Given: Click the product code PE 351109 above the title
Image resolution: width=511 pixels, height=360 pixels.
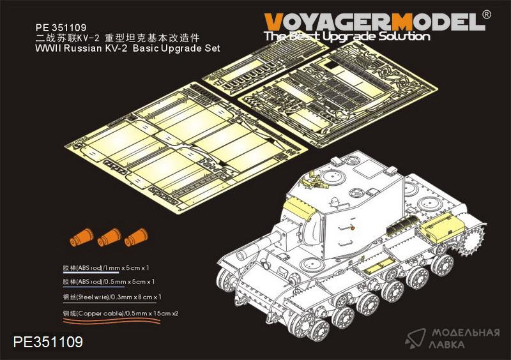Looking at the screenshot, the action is (61, 27).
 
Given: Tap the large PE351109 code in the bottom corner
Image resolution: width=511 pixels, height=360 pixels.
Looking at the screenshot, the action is (49, 341).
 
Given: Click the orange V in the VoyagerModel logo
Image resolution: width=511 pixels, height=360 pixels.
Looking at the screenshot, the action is (273, 22).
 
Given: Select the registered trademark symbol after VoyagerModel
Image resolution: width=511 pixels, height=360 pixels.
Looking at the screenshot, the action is (486, 15).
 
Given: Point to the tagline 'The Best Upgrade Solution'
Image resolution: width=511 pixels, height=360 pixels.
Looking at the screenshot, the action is (347, 36).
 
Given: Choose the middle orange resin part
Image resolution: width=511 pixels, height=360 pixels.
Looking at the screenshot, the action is (109, 237).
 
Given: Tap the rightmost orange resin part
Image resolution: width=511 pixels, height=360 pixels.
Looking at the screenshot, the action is (136, 236).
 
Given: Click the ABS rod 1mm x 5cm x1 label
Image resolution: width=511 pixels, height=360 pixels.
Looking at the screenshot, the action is (106, 268).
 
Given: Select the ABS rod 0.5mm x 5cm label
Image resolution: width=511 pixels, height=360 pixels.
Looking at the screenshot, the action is (109, 281).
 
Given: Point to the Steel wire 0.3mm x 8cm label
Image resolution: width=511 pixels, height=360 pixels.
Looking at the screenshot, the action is (112, 297).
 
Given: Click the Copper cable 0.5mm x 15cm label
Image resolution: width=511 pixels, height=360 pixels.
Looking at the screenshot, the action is (121, 313).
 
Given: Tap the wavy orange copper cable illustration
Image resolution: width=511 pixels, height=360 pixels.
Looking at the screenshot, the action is (111, 321).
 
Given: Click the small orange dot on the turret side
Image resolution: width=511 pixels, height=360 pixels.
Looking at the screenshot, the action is (353, 228).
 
